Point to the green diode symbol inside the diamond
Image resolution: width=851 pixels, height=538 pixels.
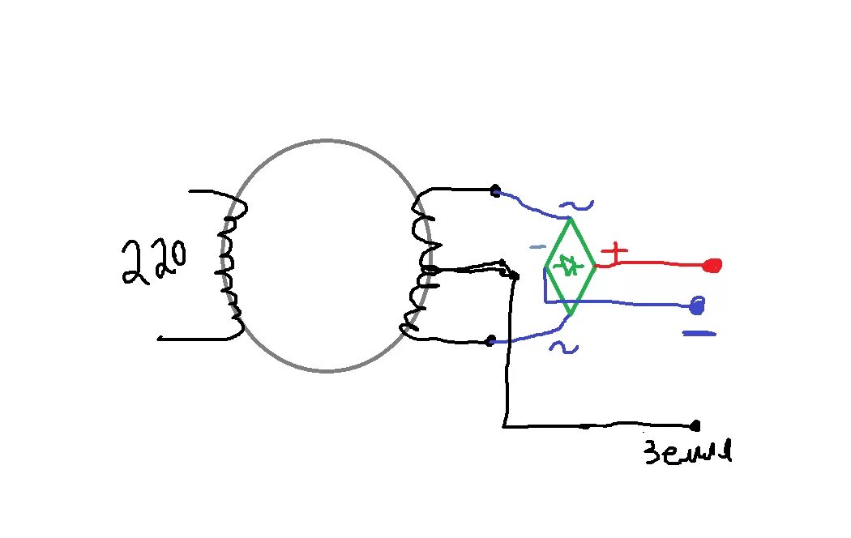pos(571,264)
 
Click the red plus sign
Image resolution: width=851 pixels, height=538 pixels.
pos(616,253)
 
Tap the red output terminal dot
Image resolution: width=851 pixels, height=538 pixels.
pos(713,265)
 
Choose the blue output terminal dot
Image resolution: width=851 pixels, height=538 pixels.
pos(696,306)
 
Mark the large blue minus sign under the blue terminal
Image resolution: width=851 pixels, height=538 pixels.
pos(699,333)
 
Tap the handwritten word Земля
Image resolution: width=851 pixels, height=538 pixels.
pos(687,451)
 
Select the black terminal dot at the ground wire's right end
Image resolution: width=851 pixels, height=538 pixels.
pos(695,425)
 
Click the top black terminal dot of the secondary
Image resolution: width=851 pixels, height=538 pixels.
pos(494,191)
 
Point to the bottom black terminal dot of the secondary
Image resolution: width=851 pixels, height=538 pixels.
pos(490,341)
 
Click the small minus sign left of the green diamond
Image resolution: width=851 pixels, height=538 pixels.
pos(536,247)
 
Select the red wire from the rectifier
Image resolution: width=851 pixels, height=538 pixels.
pos(656,263)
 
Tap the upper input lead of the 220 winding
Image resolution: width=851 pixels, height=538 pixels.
pos(207,193)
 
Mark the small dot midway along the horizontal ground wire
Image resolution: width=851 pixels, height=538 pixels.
pos(586,425)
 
